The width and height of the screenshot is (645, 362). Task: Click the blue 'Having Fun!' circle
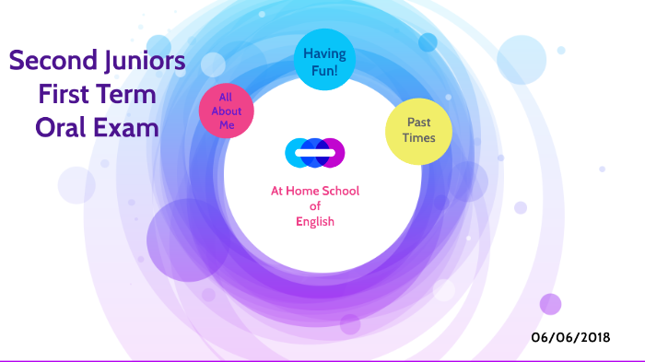323,62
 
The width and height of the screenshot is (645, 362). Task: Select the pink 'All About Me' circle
227,111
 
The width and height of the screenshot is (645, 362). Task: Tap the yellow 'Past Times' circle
417,131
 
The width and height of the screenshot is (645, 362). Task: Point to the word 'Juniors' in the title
140,62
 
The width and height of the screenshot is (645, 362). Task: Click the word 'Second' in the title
49,62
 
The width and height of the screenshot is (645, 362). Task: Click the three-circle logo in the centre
315,152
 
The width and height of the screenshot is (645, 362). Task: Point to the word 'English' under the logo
315,221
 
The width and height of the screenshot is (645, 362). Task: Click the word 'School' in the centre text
340,192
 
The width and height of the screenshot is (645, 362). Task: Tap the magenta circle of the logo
334,152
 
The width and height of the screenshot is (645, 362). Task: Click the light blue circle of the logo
297,152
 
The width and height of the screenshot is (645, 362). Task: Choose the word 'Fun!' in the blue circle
323,70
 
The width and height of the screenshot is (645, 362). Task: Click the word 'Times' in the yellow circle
417,139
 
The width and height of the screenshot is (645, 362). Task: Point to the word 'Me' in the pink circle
227,125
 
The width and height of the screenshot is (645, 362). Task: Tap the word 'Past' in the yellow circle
417,123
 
